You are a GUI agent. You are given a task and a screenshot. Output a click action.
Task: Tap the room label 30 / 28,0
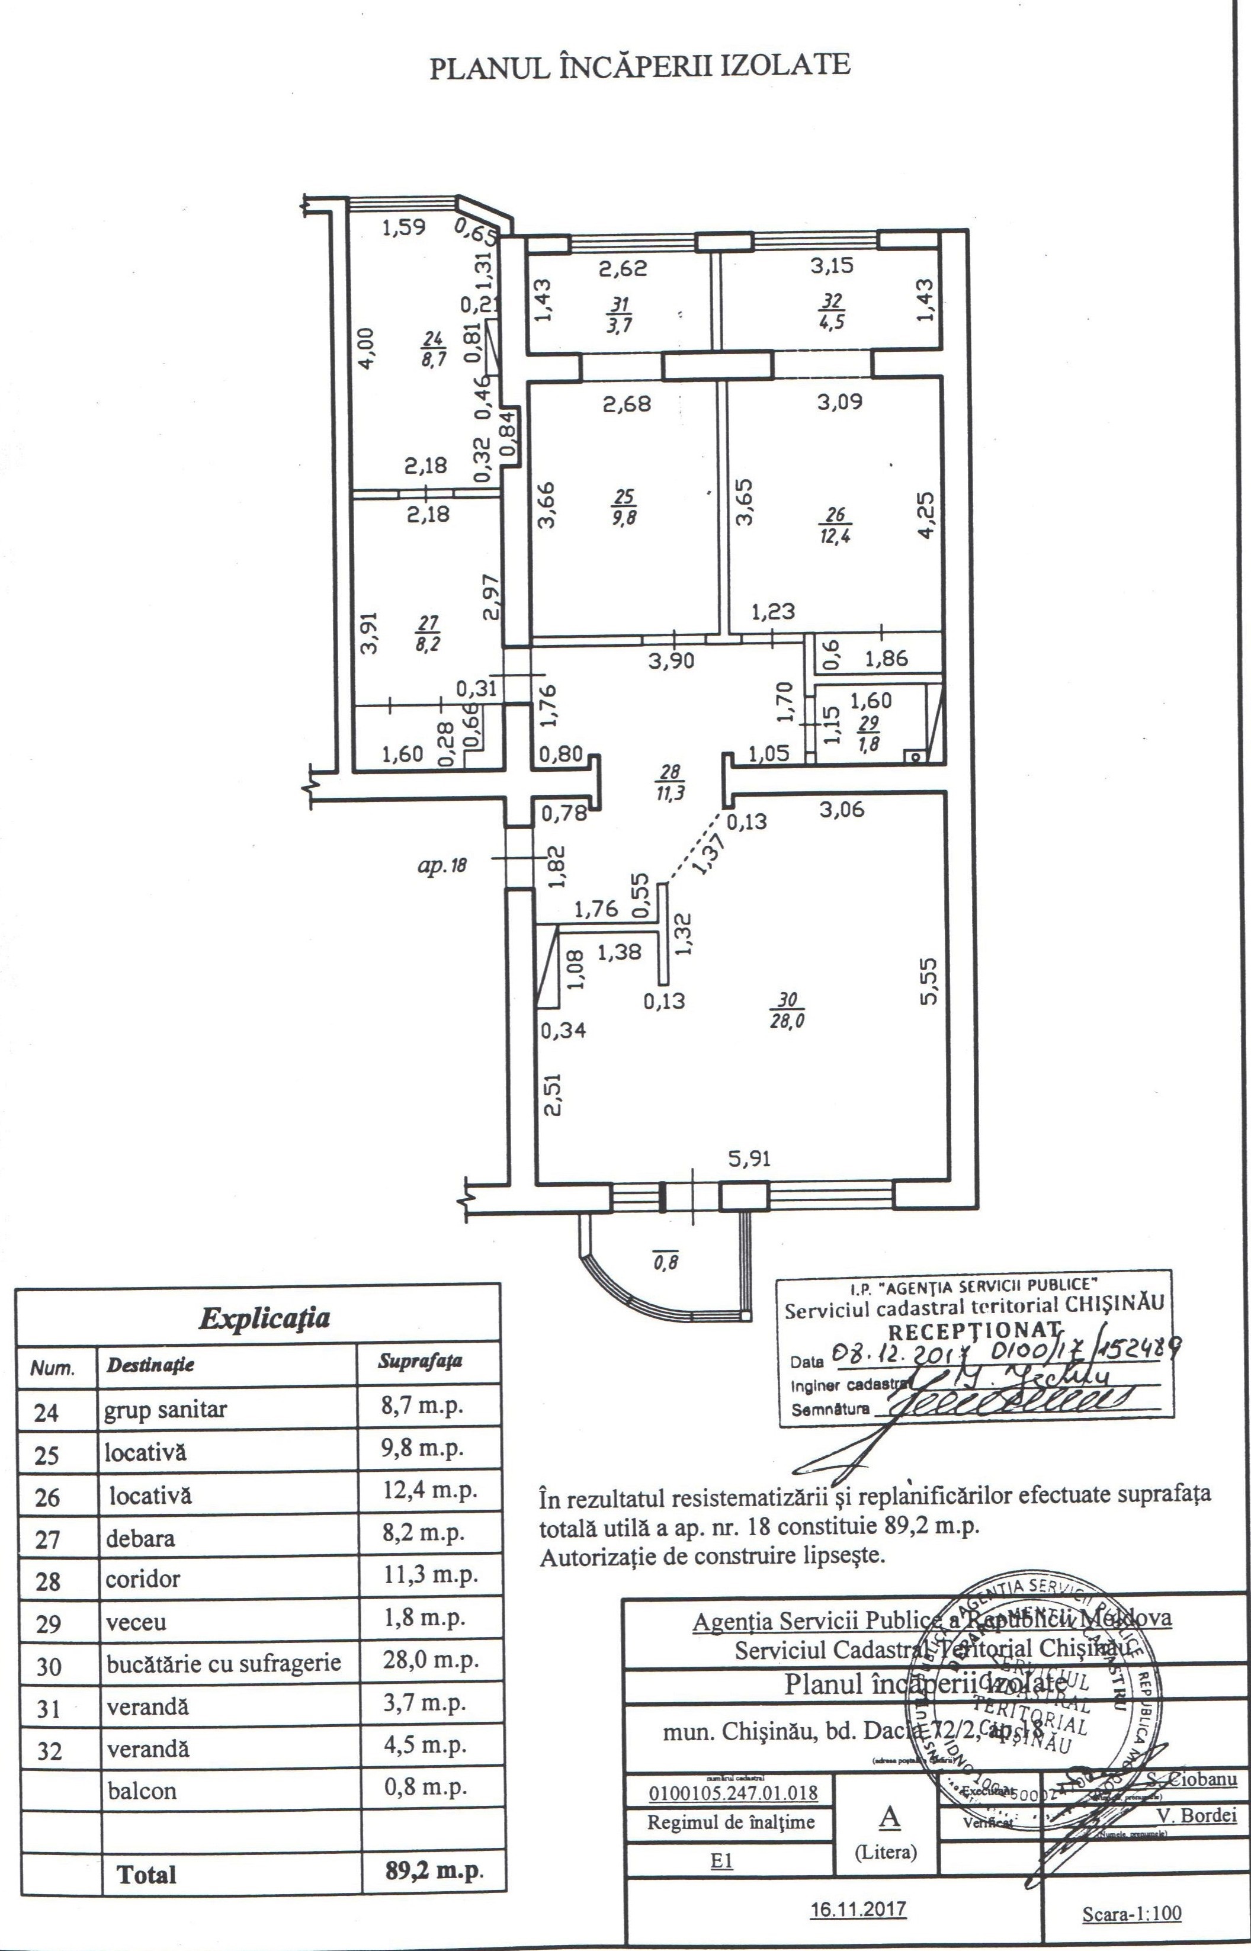tap(787, 1010)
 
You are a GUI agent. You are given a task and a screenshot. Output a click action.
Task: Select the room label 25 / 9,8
tap(625, 507)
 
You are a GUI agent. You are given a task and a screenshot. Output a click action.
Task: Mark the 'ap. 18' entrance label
tap(442, 865)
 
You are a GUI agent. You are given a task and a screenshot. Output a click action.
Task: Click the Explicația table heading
tap(265, 1317)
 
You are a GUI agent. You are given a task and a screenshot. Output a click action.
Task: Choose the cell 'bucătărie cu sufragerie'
tap(223, 1664)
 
